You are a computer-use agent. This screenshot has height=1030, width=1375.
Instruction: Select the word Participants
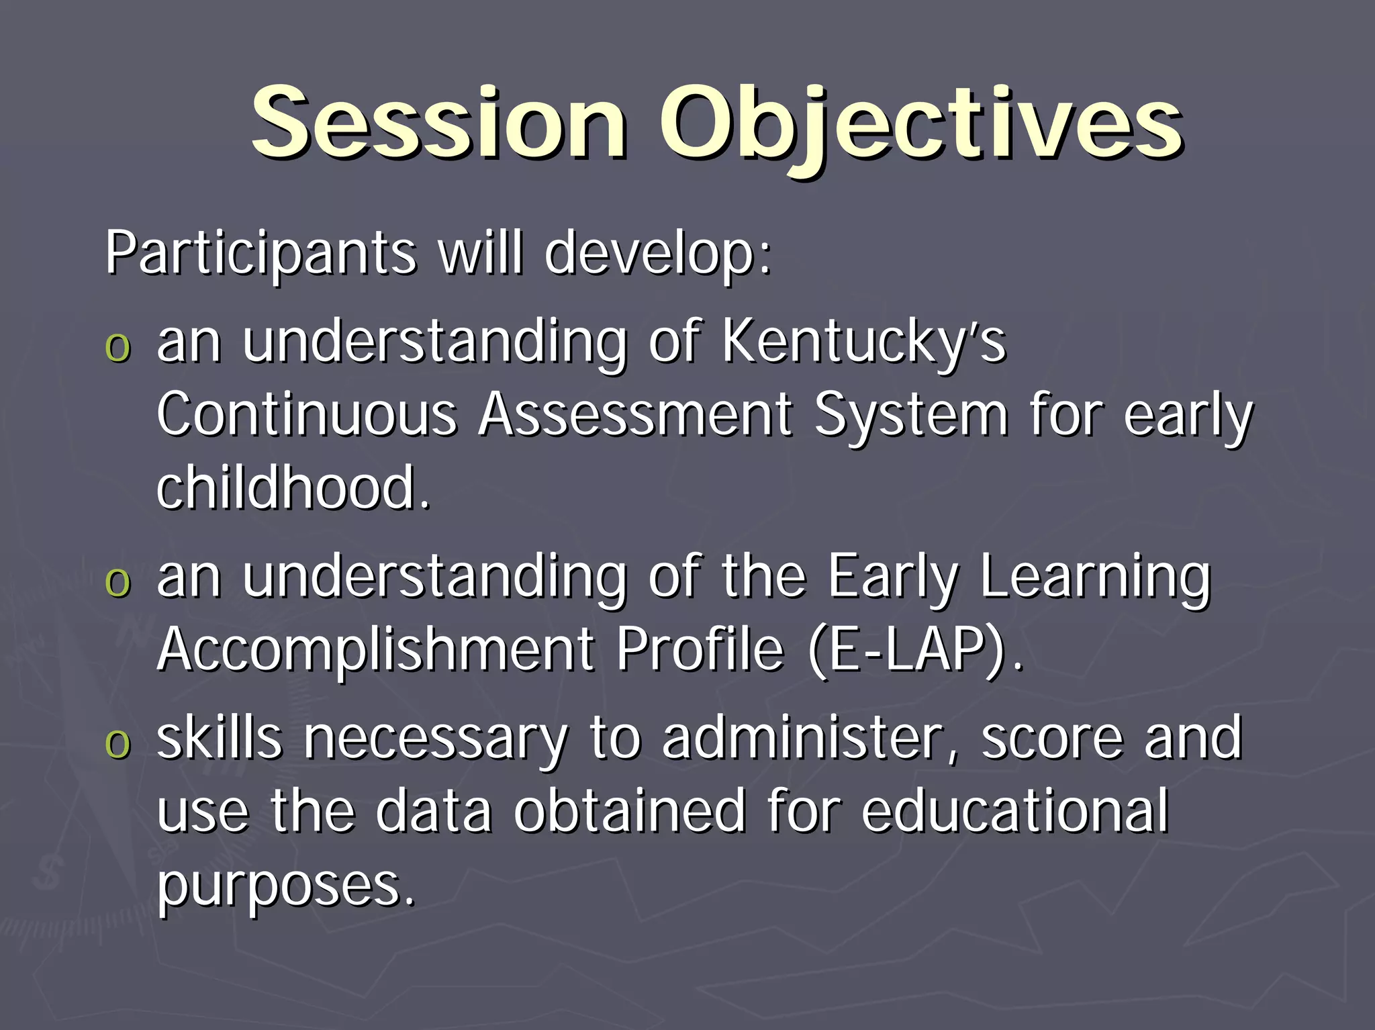(260, 253)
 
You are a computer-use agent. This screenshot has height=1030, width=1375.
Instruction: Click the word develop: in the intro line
(659, 253)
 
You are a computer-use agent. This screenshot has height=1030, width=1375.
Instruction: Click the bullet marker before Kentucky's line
(118, 348)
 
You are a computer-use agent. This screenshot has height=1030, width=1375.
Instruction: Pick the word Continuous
(307, 414)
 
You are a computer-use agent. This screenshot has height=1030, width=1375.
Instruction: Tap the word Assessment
(635, 414)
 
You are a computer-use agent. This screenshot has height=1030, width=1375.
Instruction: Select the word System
(910, 414)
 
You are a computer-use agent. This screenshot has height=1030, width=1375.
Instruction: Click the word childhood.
(293, 488)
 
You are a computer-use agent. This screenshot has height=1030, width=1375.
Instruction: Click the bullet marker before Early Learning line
(118, 581)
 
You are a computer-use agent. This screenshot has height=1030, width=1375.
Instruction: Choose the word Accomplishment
(376, 650)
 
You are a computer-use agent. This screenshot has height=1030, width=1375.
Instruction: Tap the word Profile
(700, 650)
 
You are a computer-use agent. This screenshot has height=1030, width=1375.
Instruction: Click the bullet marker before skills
(118, 744)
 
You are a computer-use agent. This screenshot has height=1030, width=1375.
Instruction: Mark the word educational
(1014, 811)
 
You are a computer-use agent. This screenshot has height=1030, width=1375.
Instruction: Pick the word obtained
(629, 811)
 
